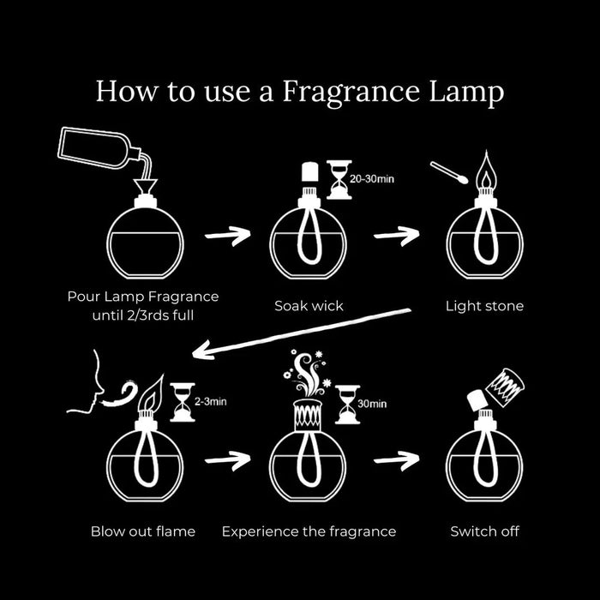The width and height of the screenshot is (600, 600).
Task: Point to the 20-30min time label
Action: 374,179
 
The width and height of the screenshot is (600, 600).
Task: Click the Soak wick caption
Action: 308,305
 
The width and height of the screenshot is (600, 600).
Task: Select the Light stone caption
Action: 484,305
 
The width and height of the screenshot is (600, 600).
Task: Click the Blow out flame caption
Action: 143,531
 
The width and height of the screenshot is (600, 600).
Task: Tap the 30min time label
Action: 371,403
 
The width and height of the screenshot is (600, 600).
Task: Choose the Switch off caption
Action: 485,531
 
